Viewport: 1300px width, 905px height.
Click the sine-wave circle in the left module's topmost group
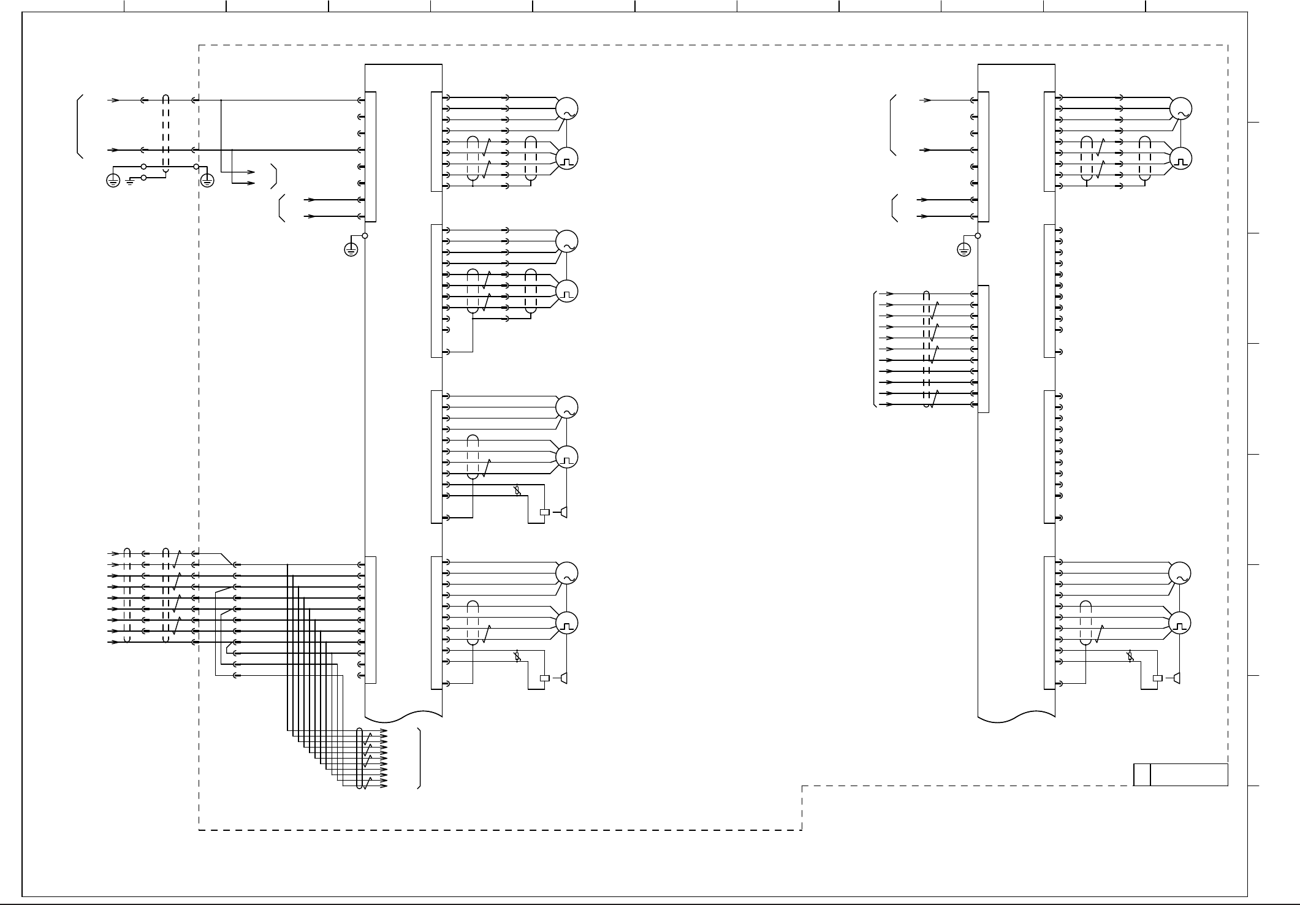click(x=566, y=108)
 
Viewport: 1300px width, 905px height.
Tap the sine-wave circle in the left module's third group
click(x=566, y=407)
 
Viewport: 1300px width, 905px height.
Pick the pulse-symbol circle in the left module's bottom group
click(x=566, y=623)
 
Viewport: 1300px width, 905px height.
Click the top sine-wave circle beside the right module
click(x=1180, y=108)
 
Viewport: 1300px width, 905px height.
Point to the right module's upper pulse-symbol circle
click(x=1180, y=159)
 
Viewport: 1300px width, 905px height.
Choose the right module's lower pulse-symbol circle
click(x=1180, y=623)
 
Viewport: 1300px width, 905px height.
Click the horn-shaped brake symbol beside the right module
click(x=1176, y=678)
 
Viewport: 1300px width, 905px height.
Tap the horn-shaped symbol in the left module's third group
click(x=563, y=512)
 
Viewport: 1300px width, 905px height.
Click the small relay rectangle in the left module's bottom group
click(x=544, y=678)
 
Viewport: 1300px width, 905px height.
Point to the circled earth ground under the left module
click(x=351, y=249)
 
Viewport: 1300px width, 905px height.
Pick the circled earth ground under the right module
click(x=964, y=249)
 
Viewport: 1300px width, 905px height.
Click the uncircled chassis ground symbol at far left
click(x=129, y=181)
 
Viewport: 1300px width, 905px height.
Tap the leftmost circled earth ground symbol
click(x=113, y=180)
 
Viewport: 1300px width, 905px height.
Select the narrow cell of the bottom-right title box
click(x=1141, y=774)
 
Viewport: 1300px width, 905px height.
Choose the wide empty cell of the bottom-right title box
click(x=1188, y=774)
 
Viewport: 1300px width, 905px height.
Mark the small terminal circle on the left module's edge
click(x=365, y=235)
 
